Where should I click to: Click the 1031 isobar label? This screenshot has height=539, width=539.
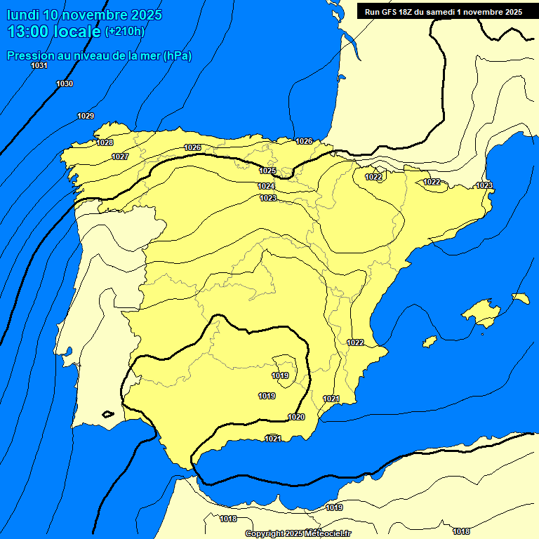39,65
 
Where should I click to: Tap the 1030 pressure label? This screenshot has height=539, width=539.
65,84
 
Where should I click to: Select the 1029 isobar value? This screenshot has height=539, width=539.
86,116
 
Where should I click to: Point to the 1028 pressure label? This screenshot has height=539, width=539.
105,142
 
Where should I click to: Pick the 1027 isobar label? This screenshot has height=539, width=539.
120,157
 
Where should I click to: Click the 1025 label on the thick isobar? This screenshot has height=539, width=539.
267,171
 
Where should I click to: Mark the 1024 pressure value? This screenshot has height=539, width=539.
266,186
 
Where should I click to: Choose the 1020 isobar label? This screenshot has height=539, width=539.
296,417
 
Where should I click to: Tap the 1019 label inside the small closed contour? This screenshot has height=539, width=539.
280,375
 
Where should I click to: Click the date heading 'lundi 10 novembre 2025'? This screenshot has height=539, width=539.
84,14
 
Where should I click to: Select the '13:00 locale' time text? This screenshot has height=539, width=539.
54,31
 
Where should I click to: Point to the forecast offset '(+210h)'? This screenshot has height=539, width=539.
124,32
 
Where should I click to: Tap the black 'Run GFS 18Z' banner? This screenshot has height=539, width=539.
443,11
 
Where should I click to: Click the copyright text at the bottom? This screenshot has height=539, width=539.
298,533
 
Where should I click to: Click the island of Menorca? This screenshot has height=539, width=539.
521,298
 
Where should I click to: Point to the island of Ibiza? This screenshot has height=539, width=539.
430,341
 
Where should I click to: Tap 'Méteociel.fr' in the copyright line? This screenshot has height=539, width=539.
327,533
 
